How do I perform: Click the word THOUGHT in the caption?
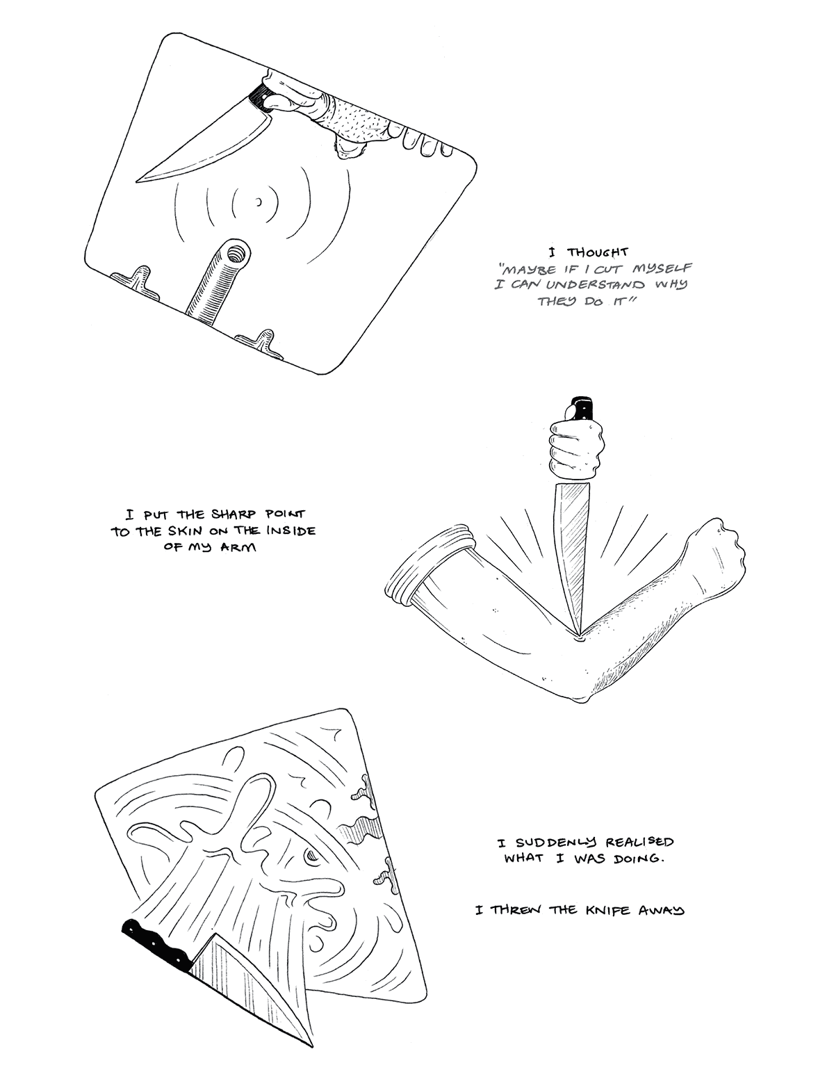click(597, 252)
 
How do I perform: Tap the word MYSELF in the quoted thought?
click(662, 269)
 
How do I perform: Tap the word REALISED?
click(639, 842)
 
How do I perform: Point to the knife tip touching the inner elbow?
click(580, 637)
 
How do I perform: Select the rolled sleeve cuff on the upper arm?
click(428, 565)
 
